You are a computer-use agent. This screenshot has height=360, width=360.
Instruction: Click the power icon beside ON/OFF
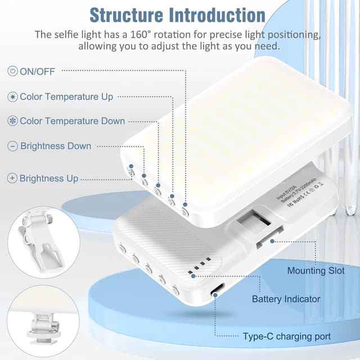[12, 71]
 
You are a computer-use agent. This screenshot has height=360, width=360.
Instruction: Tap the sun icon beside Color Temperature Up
[12, 97]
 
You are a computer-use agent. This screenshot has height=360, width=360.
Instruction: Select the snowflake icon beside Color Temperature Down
[12, 121]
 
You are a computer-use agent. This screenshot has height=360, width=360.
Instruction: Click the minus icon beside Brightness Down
[12, 146]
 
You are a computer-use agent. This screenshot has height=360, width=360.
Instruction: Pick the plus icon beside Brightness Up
[12, 178]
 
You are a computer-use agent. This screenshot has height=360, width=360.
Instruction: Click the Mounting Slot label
[316, 271]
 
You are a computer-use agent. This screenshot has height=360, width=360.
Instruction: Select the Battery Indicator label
[286, 299]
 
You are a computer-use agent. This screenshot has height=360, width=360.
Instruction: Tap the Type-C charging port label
[287, 336]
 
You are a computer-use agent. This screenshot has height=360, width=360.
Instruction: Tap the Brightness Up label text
[49, 178]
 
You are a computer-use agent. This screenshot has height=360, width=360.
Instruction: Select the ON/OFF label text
[37, 71]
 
